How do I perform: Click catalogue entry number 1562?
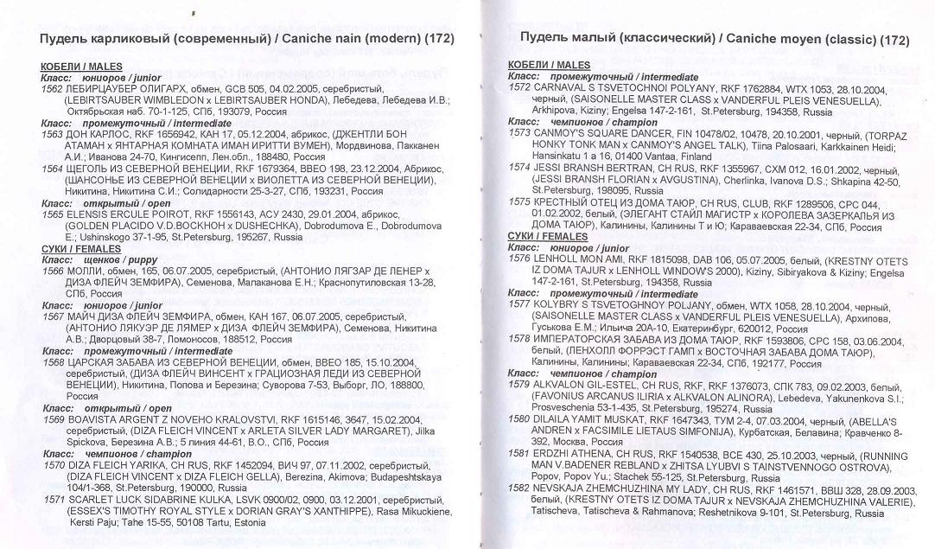[x=51, y=89]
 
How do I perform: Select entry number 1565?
[x=51, y=213]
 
